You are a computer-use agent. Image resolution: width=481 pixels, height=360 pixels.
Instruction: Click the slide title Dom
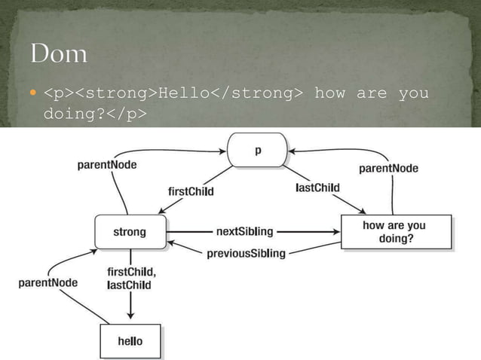(x=59, y=55)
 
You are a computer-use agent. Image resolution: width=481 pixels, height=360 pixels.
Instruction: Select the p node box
(x=259, y=150)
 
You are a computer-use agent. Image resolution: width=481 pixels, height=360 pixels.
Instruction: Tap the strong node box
(x=130, y=232)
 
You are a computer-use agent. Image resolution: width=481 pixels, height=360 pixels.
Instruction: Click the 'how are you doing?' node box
(x=396, y=232)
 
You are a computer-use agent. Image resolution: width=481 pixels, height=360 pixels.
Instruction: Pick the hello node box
(x=130, y=341)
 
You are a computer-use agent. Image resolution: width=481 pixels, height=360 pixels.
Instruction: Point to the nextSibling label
(x=244, y=231)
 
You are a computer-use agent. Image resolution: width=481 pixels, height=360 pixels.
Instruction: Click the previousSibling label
(x=247, y=254)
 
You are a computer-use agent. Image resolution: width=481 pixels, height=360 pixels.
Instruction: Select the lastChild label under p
(x=317, y=188)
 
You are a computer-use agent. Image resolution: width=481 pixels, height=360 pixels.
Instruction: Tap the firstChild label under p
(x=190, y=191)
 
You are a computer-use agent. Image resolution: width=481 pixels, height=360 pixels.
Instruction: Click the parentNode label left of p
(x=107, y=165)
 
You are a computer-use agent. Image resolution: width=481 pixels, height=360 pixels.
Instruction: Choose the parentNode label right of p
(x=388, y=168)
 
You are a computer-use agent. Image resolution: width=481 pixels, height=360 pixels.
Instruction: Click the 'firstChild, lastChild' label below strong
(x=130, y=279)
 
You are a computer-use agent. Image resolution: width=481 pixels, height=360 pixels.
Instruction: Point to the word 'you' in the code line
(x=413, y=93)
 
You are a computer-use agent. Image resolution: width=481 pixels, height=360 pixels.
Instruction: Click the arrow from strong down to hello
(x=130, y=305)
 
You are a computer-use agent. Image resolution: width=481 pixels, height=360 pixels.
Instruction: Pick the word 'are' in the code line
(x=371, y=93)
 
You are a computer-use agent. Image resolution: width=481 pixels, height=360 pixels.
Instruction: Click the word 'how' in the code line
(x=329, y=93)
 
